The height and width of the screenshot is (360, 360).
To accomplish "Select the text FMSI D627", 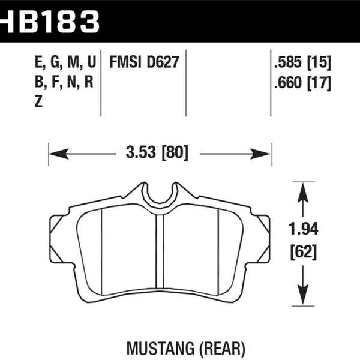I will tap(144, 62).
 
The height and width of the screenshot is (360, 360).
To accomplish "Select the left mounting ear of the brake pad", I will tap(59, 239).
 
